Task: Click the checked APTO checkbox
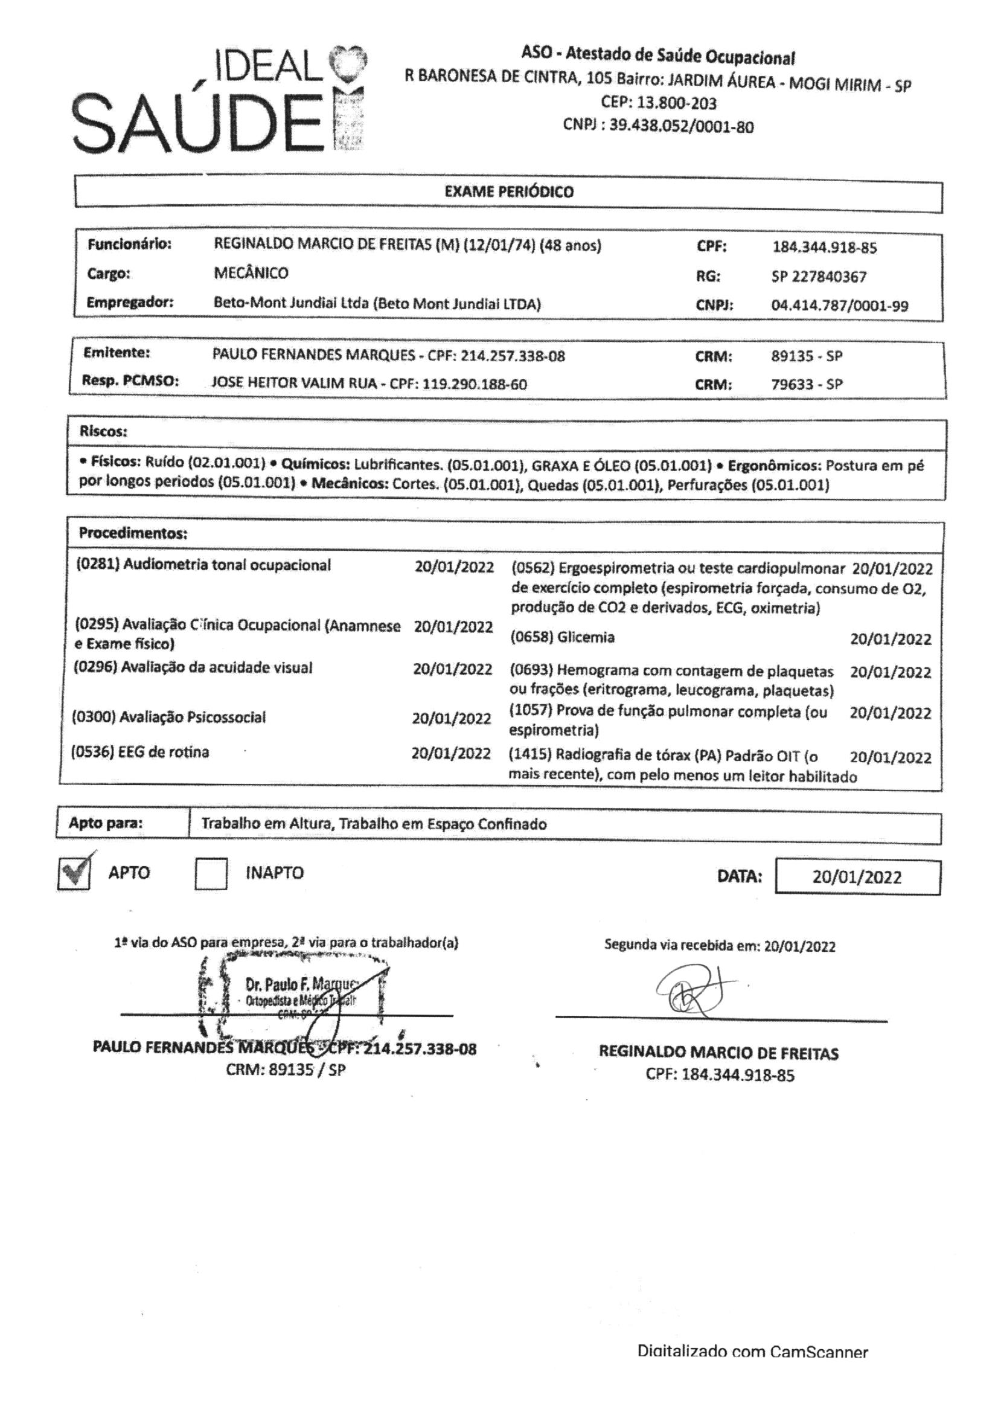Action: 74,873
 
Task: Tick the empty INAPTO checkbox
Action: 211,874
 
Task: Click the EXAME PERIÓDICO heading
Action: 509,192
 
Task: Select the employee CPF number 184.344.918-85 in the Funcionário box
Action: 824,248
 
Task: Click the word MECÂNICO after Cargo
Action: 251,273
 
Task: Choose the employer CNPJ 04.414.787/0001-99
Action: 839,306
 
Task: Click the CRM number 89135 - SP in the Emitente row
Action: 807,357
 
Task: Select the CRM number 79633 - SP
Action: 807,385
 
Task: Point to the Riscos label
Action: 103,432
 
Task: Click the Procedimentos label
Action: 133,533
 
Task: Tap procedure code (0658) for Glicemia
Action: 532,637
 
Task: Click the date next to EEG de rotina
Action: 451,754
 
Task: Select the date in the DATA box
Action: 857,878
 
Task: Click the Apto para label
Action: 105,823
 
